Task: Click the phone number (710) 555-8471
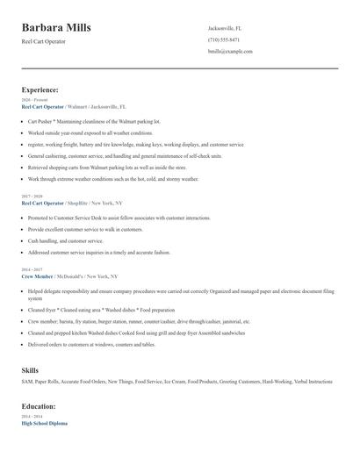coord(223,39)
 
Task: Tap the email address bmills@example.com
coord(230,52)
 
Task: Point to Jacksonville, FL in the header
coord(224,28)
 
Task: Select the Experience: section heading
coord(40,89)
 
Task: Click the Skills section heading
coord(30,370)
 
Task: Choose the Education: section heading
coord(39,406)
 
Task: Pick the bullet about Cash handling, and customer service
coord(66,240)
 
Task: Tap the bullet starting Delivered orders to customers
coord(90,345)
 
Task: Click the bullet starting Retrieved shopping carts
coord(107,166)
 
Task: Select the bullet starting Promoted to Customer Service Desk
coord(119,217)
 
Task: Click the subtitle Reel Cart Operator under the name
coord(44,42)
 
